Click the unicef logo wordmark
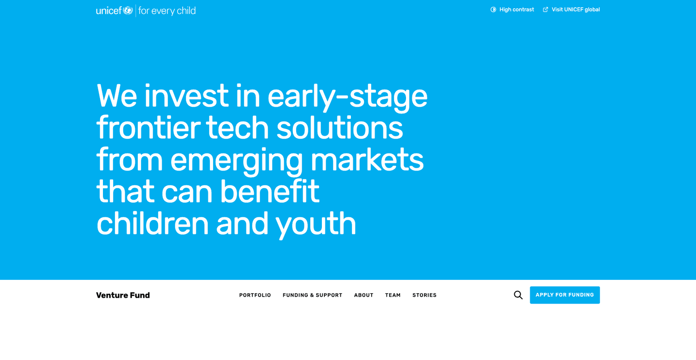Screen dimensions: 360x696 tap(109, 11)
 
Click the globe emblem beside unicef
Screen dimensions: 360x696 tap(128, 10)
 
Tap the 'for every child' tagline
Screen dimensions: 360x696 tap(167, 11)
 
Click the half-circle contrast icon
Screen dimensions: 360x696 tap(493, 10)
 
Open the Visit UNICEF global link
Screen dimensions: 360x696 tap(575, 10)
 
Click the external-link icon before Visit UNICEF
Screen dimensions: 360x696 tap(546, 10)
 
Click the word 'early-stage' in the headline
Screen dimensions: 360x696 tap(347, 96)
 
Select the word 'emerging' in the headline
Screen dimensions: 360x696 tap(236, 161)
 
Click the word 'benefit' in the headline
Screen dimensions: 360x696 tap(270, 191)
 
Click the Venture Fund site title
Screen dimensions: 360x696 tap(123, 295)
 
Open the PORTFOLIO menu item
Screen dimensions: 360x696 tap(255, 295)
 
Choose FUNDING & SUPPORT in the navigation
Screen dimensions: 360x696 tap(312, 295)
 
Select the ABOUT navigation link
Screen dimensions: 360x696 tap(363, 295)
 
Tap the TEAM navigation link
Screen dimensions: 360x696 tap(392, 295)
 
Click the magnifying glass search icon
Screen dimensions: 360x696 tap(518, 295)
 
